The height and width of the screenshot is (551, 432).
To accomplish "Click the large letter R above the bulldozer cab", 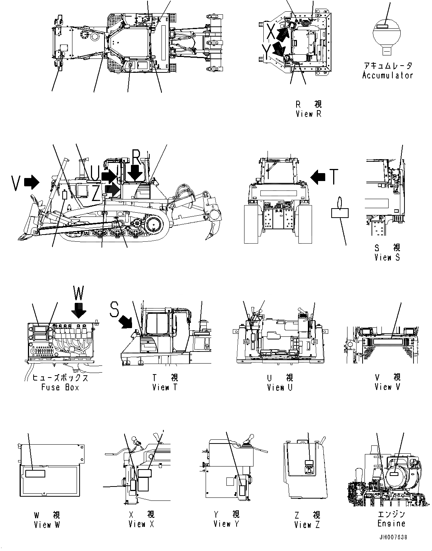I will [x=136, y=156].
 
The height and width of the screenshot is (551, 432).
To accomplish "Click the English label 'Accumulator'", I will [x=387, y=75].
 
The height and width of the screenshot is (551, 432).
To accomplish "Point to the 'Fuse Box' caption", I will [x=60, y=387].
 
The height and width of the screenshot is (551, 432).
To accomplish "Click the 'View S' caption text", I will [x=387, y=257].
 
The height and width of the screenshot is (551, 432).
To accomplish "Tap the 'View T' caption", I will [x=164, y=387].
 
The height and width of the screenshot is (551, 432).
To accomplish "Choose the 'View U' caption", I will [x=280, y=387].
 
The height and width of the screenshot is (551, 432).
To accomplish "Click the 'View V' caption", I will [x=387, y=387].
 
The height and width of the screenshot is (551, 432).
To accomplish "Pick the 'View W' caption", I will [x=47, y=524].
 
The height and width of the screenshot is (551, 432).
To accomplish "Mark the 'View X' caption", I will [x=141, y=524].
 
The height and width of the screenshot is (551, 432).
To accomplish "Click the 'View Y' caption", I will [x=226, y=524].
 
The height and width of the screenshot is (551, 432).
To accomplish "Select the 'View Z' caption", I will [x=307, y=524].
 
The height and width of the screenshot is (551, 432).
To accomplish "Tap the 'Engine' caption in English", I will [x=391, y=523].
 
